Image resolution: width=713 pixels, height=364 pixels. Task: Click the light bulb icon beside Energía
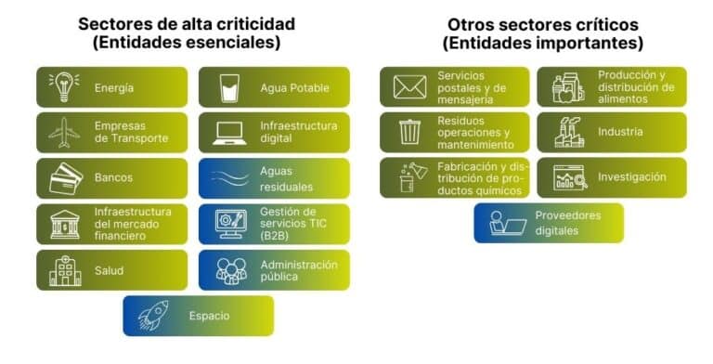click(x=64, y=87)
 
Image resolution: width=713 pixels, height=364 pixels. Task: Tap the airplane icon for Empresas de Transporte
click(x=64, y=132)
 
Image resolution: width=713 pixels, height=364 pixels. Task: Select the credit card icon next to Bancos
click(x=65, y=177)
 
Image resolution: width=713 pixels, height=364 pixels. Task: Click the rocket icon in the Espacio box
click(x=152, y=316)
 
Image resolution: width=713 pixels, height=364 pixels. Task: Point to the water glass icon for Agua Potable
click(x=228, y=87)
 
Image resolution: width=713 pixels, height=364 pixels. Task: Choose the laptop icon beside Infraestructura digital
click(x=228, y=132)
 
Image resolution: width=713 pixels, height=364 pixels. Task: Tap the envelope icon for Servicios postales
click(x=409, y=87)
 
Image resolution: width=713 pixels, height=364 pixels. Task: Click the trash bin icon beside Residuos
click(x=409, y=132)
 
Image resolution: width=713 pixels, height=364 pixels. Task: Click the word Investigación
click(x=631, y=176)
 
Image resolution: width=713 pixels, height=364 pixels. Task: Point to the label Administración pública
click(x=298, y=270)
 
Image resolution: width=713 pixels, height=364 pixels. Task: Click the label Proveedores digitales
click(x=567, y=223)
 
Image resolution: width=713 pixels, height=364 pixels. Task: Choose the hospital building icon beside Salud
click(x=64, y=269)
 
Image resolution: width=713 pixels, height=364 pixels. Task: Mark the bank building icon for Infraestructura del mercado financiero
click(x=65, y=224)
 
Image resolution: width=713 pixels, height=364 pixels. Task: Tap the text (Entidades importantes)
click(x=543, y=44)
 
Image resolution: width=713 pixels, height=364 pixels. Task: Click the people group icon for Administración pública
click(x=230, y=270)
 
